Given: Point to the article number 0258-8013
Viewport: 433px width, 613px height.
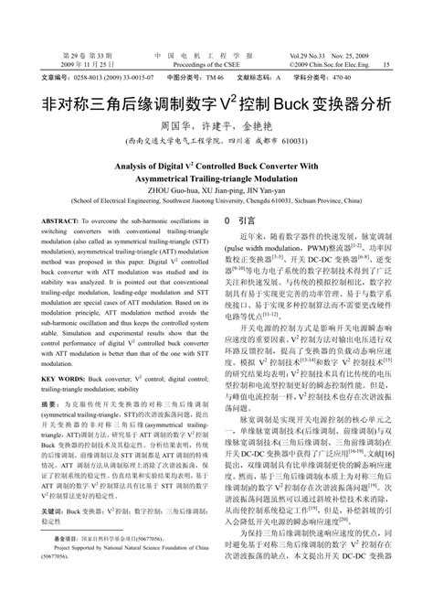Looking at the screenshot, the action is click(x=93, y=80).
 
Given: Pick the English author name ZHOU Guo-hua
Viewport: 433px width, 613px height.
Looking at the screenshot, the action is click(x=162, y=190).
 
